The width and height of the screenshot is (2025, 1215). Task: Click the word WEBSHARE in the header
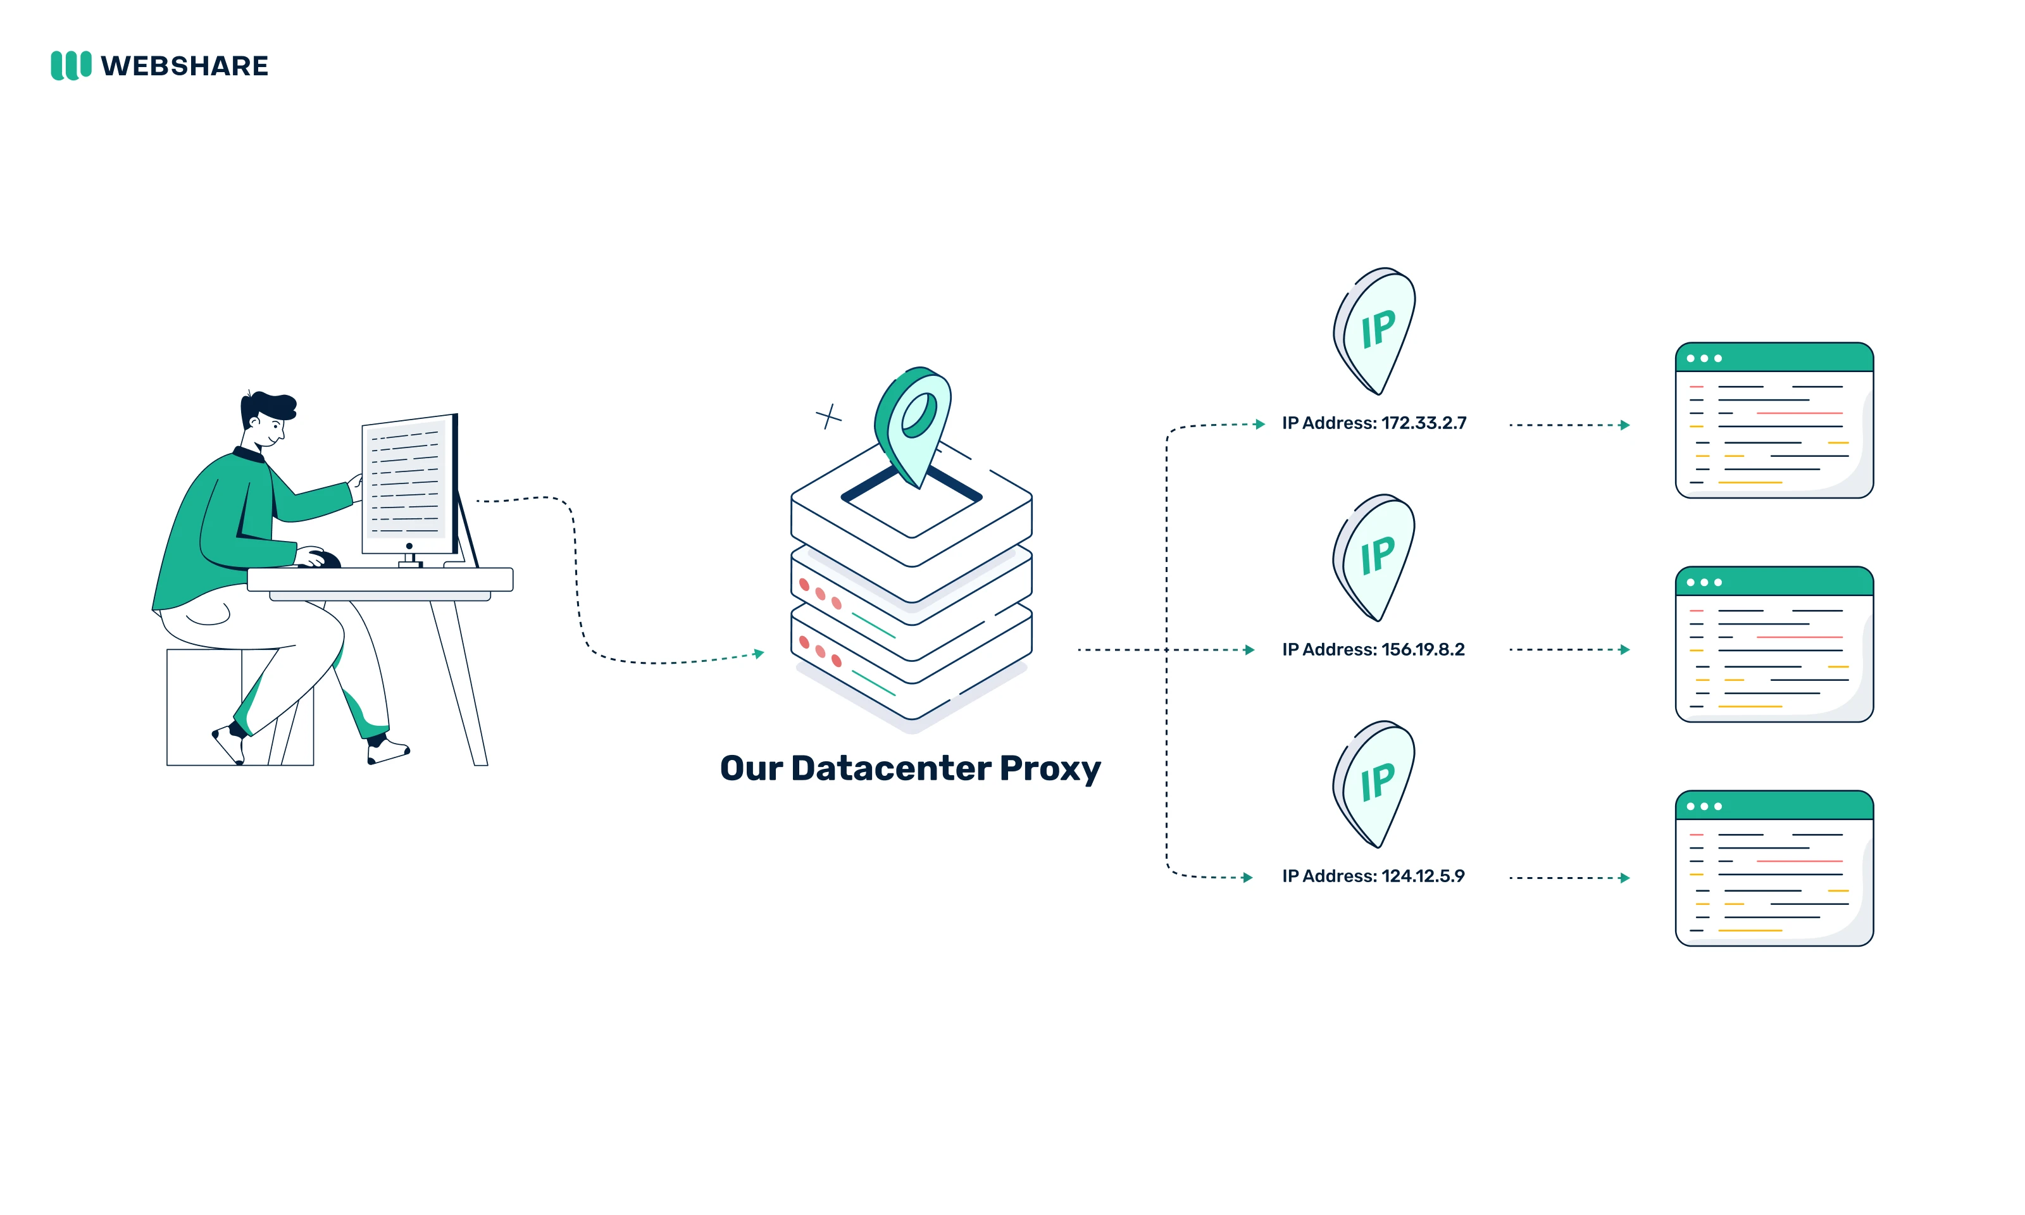tap(184, 66)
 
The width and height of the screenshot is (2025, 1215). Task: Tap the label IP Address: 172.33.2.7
tap(1373, 423)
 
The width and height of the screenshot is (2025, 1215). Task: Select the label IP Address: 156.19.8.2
tap(1373, 649)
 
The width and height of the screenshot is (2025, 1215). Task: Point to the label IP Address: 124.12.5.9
tap(1373, 876)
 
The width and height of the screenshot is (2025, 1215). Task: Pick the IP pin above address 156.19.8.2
tap(1376, 558)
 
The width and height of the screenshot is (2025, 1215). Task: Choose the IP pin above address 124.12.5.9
tap(1376, 784)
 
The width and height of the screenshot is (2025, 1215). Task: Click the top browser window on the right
tap(1774, 421)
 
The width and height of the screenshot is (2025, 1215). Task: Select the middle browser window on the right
tap(1774, 644)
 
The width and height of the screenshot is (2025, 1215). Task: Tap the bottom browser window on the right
tap(1774, 869)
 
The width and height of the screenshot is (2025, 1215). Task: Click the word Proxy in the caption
tap(1049, 769)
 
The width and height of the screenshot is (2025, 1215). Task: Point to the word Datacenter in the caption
tap(892, 769)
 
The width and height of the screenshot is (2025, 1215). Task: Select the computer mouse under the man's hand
tap(325, 560)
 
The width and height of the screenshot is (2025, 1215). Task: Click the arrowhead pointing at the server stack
tap(759, 653)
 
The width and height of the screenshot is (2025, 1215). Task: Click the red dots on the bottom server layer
tap(820, 652)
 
